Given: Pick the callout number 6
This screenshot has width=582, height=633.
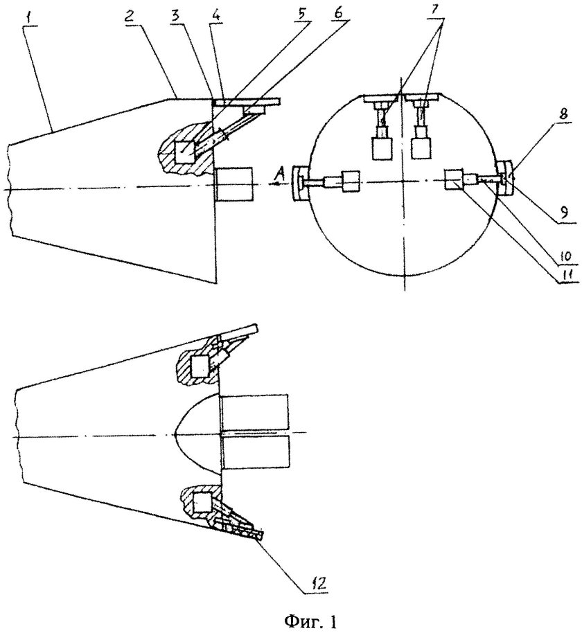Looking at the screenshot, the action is (x=339, y=13).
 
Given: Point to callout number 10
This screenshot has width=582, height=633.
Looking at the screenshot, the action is (x=565, y=255).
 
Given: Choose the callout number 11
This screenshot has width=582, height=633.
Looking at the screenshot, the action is (x=567, y=276).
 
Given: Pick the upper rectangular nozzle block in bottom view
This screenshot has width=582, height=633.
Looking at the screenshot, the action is (x=255, y=411).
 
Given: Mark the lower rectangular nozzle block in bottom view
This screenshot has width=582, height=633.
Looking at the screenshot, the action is (x=256, y=452).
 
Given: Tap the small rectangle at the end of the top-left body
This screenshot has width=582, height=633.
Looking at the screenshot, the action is (x=234, y=184).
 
